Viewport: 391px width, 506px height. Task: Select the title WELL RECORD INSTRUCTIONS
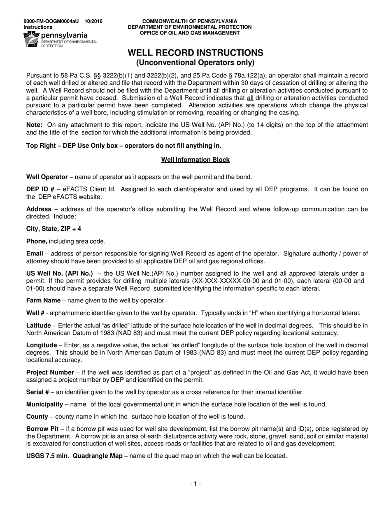click(x=195, y=53)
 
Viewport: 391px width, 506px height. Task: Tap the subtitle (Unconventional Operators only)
click(x=195, y=63)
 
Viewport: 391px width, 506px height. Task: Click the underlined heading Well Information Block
click(x=195, y=160)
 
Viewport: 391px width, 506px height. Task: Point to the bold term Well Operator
click(x=47, y=177)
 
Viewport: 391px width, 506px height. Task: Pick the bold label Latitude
click(x=39, y=325)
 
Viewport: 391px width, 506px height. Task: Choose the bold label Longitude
click(x=41, y=345)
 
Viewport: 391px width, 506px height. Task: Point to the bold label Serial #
click(x=38, y=392)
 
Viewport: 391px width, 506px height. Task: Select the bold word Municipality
click(x=44, y=404)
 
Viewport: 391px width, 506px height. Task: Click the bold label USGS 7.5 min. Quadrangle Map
click(x=74, y=456)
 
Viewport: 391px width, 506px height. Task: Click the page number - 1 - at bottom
click(x=195, y=484)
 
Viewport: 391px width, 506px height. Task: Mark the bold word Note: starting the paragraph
click(x=34, y=125)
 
